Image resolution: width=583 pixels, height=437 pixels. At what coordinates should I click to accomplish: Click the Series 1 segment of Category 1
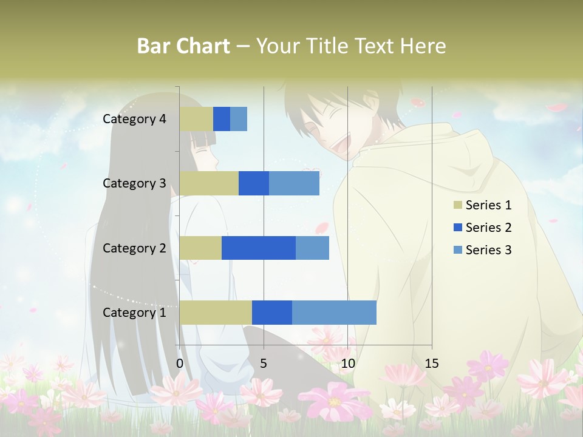coord(216,312)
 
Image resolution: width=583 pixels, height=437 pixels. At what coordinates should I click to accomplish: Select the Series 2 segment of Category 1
coord(272,312)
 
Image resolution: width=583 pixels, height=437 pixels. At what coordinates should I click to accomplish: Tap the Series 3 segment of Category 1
coord(334,312)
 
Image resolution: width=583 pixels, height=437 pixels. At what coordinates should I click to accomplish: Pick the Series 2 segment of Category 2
coord(259,248)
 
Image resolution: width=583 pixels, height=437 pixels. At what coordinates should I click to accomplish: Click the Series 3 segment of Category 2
coord(312,248)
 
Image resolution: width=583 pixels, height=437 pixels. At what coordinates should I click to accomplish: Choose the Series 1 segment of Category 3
coord(209,183)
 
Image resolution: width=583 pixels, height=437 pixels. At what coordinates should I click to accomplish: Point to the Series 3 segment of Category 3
coord(294,183)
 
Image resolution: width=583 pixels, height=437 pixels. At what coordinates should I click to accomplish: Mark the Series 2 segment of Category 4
coord(222,119)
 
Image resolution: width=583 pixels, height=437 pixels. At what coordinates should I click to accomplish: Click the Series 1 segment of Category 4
coord(196,119)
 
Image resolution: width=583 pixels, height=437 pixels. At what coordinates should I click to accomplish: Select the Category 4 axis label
coord(134,119)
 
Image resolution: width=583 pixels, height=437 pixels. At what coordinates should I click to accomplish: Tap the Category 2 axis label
coord(134,248)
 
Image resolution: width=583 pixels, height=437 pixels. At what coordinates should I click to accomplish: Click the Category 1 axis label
coord(134,312)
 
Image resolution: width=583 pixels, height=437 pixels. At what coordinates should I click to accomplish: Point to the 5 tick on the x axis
coord(264,364)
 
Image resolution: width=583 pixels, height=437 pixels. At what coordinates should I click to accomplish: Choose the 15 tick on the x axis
coord(432,364)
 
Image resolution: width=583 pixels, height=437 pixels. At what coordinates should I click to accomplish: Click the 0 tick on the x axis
coord(180,364)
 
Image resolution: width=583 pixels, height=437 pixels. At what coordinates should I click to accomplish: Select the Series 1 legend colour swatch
coord(458,205)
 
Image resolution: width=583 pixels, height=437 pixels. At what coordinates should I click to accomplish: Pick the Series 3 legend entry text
coord(488,250)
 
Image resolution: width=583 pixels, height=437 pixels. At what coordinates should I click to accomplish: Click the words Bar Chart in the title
coord(183,46)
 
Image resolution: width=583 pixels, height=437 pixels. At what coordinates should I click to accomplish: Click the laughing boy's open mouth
coord(333,143)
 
